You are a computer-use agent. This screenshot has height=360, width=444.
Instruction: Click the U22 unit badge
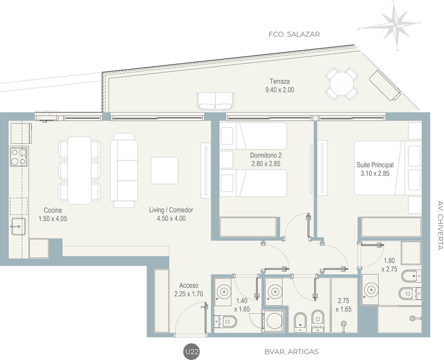[x=192, y=351]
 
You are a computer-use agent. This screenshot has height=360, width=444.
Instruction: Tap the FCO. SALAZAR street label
[x=294, y=34]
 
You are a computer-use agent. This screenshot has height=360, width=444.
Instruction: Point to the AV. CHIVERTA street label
[x=440, y=225]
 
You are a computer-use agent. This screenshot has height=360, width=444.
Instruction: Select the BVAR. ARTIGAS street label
[x=291, y=352]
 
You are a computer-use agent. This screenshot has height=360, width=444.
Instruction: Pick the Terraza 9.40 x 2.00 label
[x=280, y=86]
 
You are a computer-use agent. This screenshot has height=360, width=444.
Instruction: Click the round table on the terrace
[x=342, y=84]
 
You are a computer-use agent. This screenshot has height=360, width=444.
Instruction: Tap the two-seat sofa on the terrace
[x=216, y=101]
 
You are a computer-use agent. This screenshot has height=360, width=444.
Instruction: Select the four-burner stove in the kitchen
[x=19, y=157]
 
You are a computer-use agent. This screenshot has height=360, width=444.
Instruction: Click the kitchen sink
[x=19, y=226]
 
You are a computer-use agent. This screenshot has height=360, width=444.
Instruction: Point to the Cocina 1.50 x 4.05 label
[x=53, y=214]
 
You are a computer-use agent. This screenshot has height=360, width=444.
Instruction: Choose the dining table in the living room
[x=80, y=170]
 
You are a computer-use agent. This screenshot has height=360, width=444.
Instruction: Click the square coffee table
[x=164, y=170]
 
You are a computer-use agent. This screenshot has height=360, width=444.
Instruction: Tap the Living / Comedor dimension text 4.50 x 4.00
[x=171, y=219]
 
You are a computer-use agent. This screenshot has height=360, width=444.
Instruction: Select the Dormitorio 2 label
[x=265, y=156]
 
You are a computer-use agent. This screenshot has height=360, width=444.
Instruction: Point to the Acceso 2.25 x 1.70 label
[x=188, y=290]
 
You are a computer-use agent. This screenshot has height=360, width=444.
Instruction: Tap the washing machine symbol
[x=274, y=321]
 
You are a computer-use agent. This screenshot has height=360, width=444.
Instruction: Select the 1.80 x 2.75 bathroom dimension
[x=389, y=265]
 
